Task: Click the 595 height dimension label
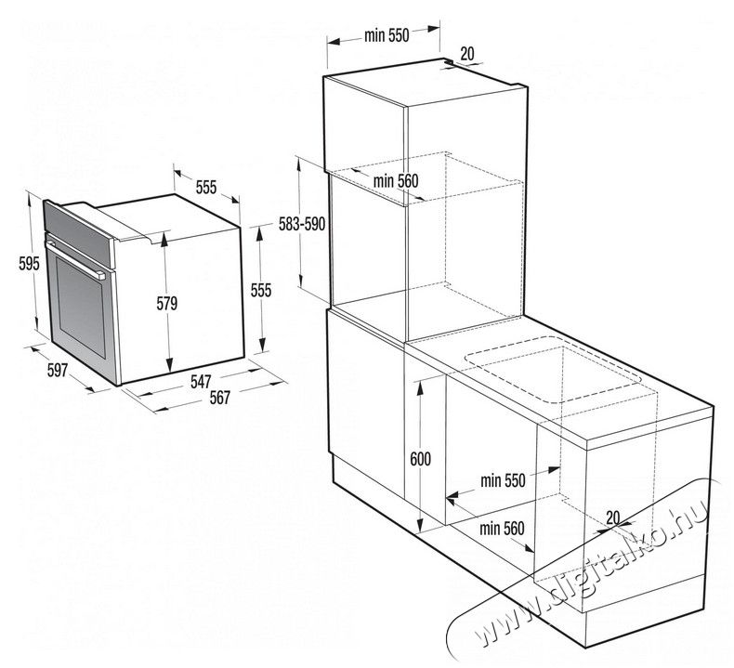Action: pos(29,264)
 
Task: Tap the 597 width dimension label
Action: pos(58,371)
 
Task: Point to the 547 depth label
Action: pos(201,382)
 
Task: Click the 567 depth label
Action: pos(219,398)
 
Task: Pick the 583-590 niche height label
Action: pos(302,224)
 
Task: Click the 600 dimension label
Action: pos(420,459)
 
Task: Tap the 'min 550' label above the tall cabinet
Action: pos(387,35)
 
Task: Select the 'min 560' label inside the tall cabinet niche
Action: pos(396,180)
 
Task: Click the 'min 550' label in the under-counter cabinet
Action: pos(503,480)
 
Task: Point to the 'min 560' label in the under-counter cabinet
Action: pos(502,529)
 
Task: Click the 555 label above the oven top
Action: pos(206,188)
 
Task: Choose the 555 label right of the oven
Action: pos(261,290)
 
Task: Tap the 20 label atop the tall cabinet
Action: pos(467,54)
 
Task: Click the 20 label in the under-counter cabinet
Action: pos(613,517)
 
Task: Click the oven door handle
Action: pos(75,260)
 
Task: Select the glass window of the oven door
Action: pos(81,307)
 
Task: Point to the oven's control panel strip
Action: pos(79,234)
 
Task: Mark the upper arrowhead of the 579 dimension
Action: pos(164,239)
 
